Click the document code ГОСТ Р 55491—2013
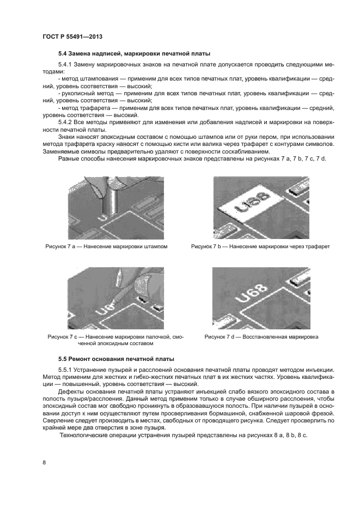pos(72,36)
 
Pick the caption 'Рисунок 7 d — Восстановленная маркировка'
pos(261,337)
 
